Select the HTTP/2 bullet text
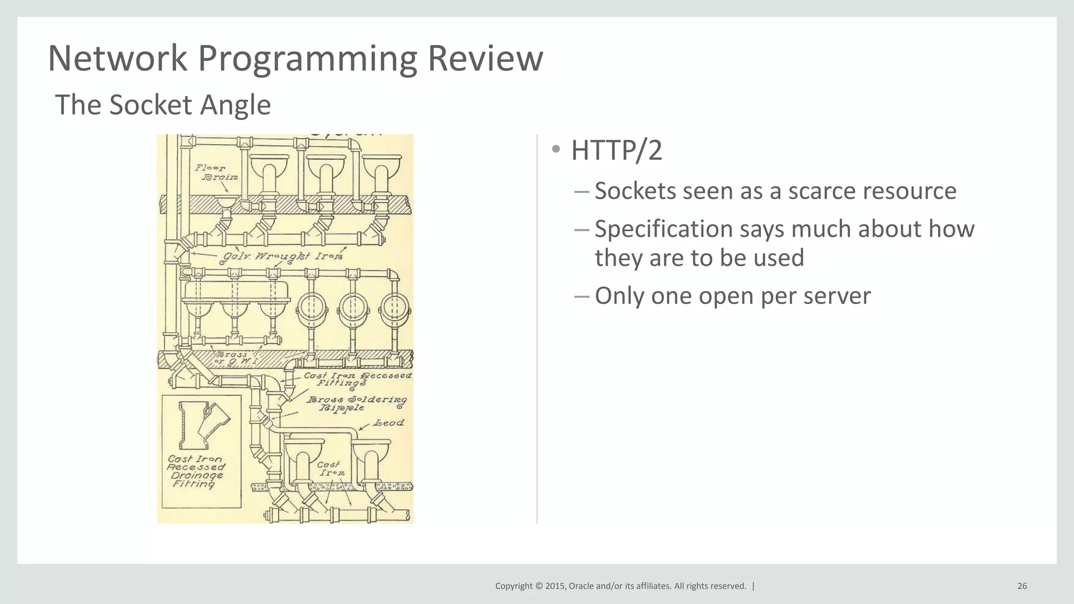pyautogui.click(x=616, y=150)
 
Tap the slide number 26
pyautogui.click(x=1022, y=586)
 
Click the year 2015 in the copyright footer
pyautogui.click(x=555, y=586)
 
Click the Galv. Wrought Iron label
pyautogui.click(x=283, y=256)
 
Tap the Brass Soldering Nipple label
pyautogui.click(x=357, y=403)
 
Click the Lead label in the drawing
pyautogui.click(x=389, y=423)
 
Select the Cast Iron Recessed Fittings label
pyautogui.click(x=358, y=379)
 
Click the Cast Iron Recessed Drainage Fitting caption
pyautogui.click(x=196, y=471)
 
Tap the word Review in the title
pyautogui.click(x=485, y=59)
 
